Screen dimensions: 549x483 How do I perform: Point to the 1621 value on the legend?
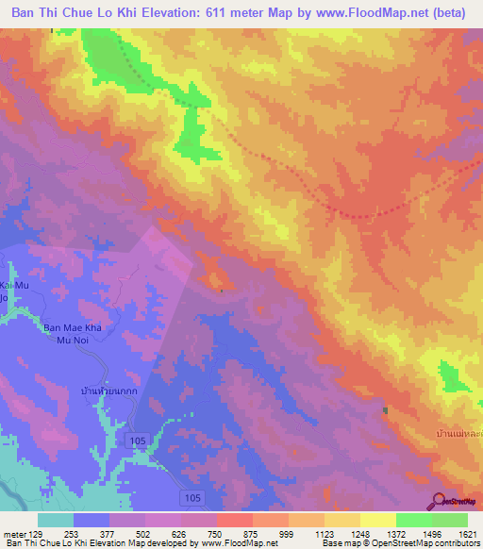pos(466,533)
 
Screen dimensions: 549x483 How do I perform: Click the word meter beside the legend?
pos(13,533)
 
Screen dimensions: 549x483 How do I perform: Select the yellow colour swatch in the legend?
pos(377,520)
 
